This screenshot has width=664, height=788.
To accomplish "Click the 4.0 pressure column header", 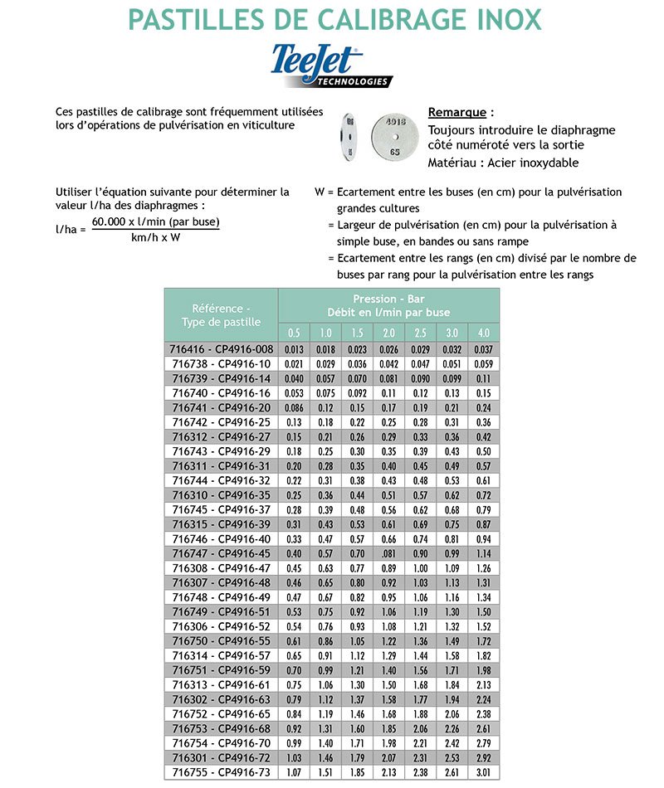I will click(x=485, y=333).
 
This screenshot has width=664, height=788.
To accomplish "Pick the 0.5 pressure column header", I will click(x=294, y=333).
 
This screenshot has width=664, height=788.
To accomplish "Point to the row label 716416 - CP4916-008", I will click(x=222, y=349).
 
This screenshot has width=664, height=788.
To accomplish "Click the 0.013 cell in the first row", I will click(x=294, y=349).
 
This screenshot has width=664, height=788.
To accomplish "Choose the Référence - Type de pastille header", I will click(x=221, y=315).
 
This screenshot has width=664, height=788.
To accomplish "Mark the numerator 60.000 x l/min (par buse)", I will click(x=155, y=222).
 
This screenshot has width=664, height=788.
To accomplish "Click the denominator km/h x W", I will click(x=155, y=238).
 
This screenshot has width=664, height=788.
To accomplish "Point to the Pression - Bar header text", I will click(x=389, y=299).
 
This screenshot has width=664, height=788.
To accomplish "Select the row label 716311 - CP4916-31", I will click(x=222, y=466).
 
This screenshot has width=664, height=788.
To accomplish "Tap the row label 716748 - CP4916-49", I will click(x=222, y=598).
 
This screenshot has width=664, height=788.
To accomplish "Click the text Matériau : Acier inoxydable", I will click(x=503, y=163).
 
